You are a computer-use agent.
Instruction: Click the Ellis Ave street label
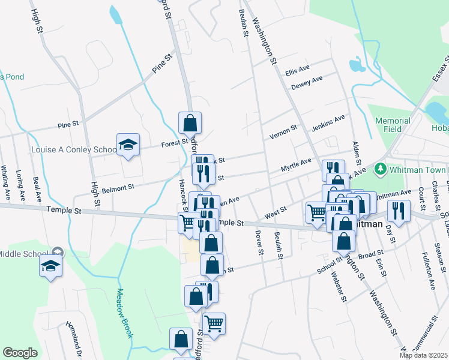(x=297, y=71)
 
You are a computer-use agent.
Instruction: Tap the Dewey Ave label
(x=307, y=82)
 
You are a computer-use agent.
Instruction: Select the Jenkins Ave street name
(x=328, y=124)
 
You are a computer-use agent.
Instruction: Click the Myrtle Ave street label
(x=297, y=166)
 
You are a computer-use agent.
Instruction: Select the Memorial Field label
(x=393, y=125)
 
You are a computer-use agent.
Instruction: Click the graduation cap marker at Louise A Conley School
(x=128, y=145)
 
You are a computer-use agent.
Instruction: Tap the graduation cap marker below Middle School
(x=51, y=265)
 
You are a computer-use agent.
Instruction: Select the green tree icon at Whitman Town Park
(x=379, y=169)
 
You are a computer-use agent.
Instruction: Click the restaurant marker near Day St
(x=398, y=210)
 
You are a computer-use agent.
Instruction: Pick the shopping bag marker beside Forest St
(x=190, y=123)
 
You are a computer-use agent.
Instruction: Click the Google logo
(x=20, y=353)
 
